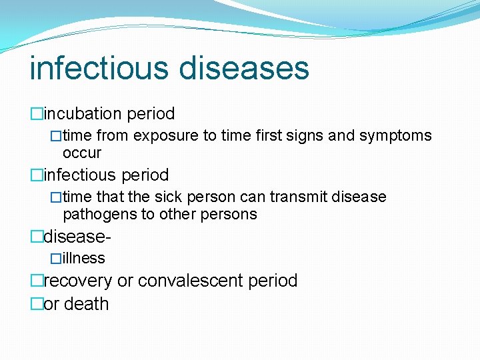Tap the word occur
[81, 153]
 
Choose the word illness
[84, 258]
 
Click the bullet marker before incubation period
[37, 114]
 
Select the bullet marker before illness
[57, 259]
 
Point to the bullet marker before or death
[37, 304]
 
